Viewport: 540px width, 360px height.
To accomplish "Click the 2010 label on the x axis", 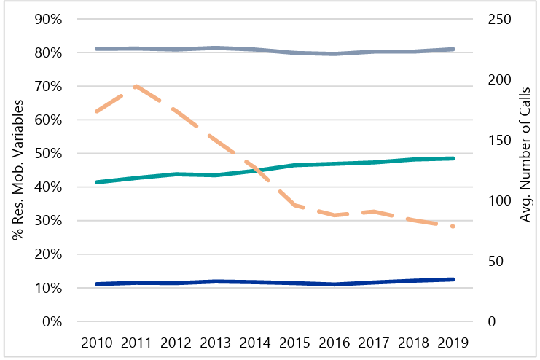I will [97, 343].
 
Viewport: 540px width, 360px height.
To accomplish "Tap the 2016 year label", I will [333, 343].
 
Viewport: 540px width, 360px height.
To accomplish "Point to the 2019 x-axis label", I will [452, 343].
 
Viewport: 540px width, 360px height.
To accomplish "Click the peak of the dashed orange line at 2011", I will [136, 85].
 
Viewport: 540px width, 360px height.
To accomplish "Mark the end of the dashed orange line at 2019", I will [453, 227].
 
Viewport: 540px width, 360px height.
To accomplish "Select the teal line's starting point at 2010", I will [97, 182].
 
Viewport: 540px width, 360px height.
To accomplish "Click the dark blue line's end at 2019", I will [453, 279].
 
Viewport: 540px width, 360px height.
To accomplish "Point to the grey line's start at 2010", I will [97, 49].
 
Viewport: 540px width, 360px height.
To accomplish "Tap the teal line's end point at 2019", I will [453, 158].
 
